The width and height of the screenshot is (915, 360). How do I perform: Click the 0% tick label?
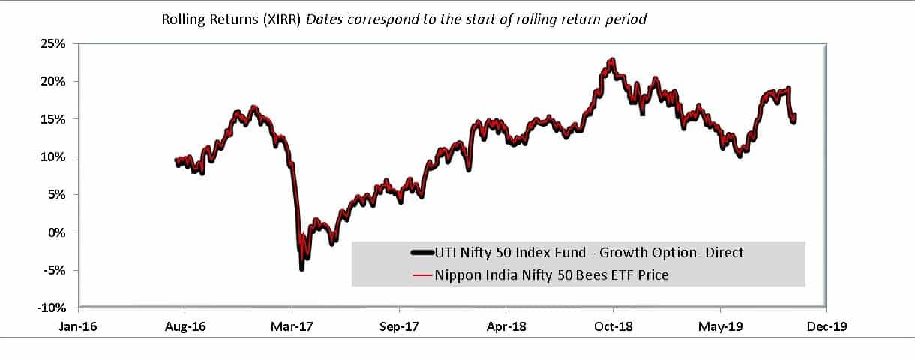point(58,232)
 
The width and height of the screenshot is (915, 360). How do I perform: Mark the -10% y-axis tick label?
point(53,307)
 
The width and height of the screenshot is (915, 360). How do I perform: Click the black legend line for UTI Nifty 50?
point(422,253)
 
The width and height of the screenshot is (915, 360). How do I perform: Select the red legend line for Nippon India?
point(422,275)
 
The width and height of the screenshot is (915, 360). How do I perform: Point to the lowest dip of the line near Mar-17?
point(301,268)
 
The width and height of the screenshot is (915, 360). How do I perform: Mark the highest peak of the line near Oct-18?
point(613,59)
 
